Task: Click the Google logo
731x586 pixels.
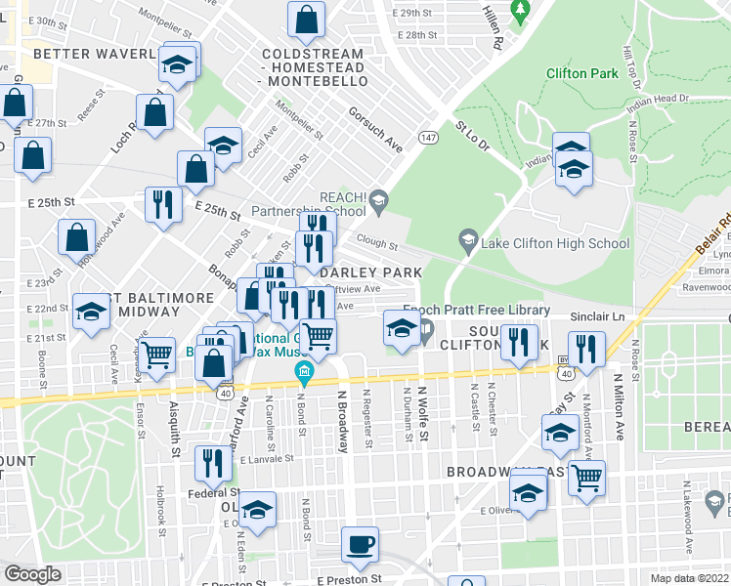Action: click(32, 574)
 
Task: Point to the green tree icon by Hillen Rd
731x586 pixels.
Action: click(521, 11)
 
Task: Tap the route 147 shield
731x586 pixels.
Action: click(427, 139)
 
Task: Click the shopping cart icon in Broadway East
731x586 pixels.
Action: click(586, 478)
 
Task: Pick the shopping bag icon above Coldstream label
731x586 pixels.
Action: click(306, 19)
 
